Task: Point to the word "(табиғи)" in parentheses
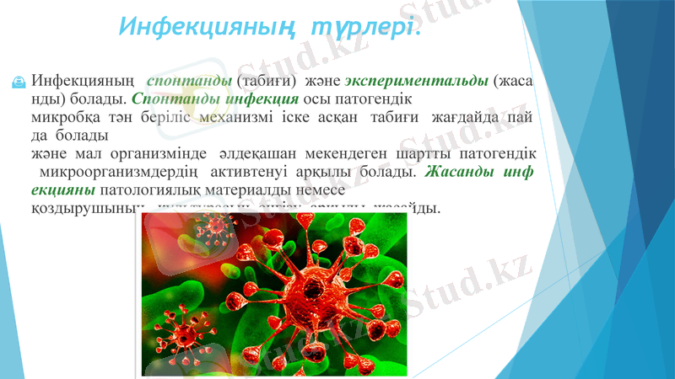point(266,81)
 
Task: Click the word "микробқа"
point(62,118)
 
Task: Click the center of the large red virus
point(295,284)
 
